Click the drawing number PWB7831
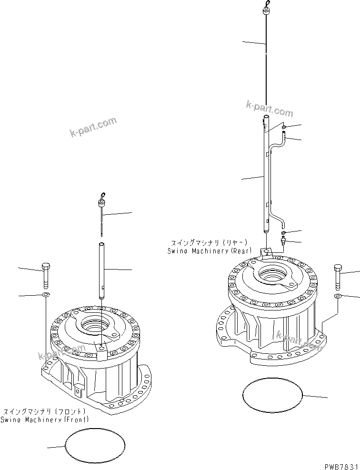[x=340, y=465]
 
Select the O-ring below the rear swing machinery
[x=272, y=395]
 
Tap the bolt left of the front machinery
[x=46, y=275]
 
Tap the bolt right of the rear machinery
[x=338, y=276]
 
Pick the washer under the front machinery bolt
[x=46, y=296]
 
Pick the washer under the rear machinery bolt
[x=338, y=296]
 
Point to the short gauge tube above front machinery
[x=101, y=270]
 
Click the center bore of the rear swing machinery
[x=272, y=275]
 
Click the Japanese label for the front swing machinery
[x=44, y=411]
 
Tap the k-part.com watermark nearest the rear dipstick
[x=270, y=109]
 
